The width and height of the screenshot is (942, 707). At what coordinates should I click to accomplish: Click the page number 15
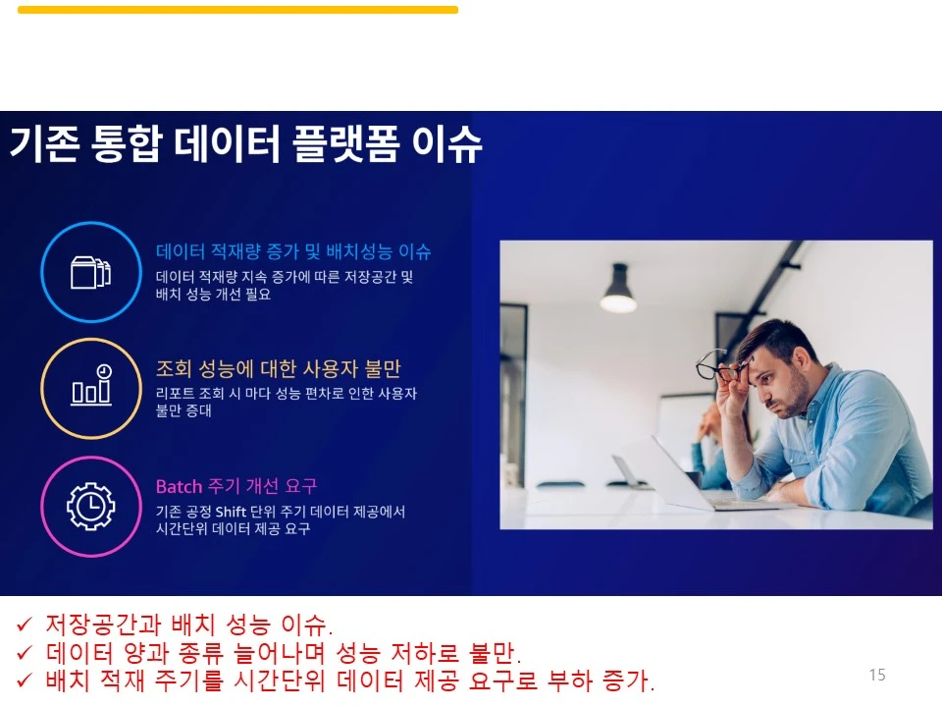pyautogui.click(x=877, y=675)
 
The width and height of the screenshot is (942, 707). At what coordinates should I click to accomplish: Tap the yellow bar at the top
pyautogui.click(x=237, y=10)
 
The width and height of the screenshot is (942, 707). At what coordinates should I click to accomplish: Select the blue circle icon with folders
pyautogui.click(x=90, y=272)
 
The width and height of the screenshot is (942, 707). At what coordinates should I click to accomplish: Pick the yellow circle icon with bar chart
pyautogui.click(x=90, y=388)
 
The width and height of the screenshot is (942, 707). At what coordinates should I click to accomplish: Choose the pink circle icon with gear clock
pyautogui.click(x=90, y=506)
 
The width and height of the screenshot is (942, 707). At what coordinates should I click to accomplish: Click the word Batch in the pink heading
pyautogui.click(x=179, y=487)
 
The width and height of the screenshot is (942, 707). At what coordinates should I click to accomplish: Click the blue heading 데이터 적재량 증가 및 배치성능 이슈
pyautogui.click(x=293, y=252)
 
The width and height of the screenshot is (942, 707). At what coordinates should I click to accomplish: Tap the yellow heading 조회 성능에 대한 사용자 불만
pyautogui.click(x=278, y=369)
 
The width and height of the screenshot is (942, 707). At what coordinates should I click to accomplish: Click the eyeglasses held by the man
pyautogui.click(x=722, y=367)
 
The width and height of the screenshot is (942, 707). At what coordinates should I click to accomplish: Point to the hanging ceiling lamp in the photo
pyautogui.click(x=618, y=289)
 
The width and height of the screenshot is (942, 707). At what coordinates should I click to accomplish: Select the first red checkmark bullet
pyautogui.click(x=25, y=625)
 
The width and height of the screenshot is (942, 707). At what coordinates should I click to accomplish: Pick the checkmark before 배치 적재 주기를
pyautogui.click(x=25, y=680)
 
